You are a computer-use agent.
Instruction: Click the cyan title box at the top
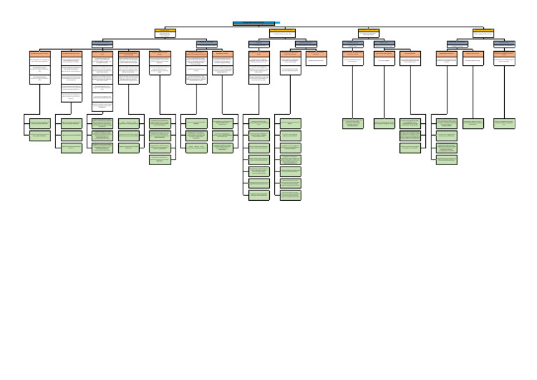256,23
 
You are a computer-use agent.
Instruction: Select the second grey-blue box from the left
206,43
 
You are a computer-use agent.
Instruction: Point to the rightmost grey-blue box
504,43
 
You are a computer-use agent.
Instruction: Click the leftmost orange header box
40,54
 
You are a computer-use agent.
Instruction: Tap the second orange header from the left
71,54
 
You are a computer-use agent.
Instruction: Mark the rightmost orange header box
504,54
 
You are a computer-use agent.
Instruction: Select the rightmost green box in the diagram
504,123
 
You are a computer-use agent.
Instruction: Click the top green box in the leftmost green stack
40,123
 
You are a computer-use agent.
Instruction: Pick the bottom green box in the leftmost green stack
40,135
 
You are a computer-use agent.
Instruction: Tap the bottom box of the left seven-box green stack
259,195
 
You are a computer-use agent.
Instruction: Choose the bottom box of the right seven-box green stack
290,195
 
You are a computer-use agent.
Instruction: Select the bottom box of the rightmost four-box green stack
447,160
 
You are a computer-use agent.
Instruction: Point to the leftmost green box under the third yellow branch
352,123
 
